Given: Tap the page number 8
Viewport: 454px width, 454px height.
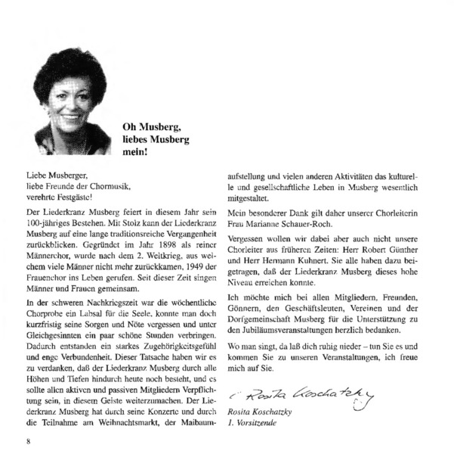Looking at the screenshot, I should [27, 442].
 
